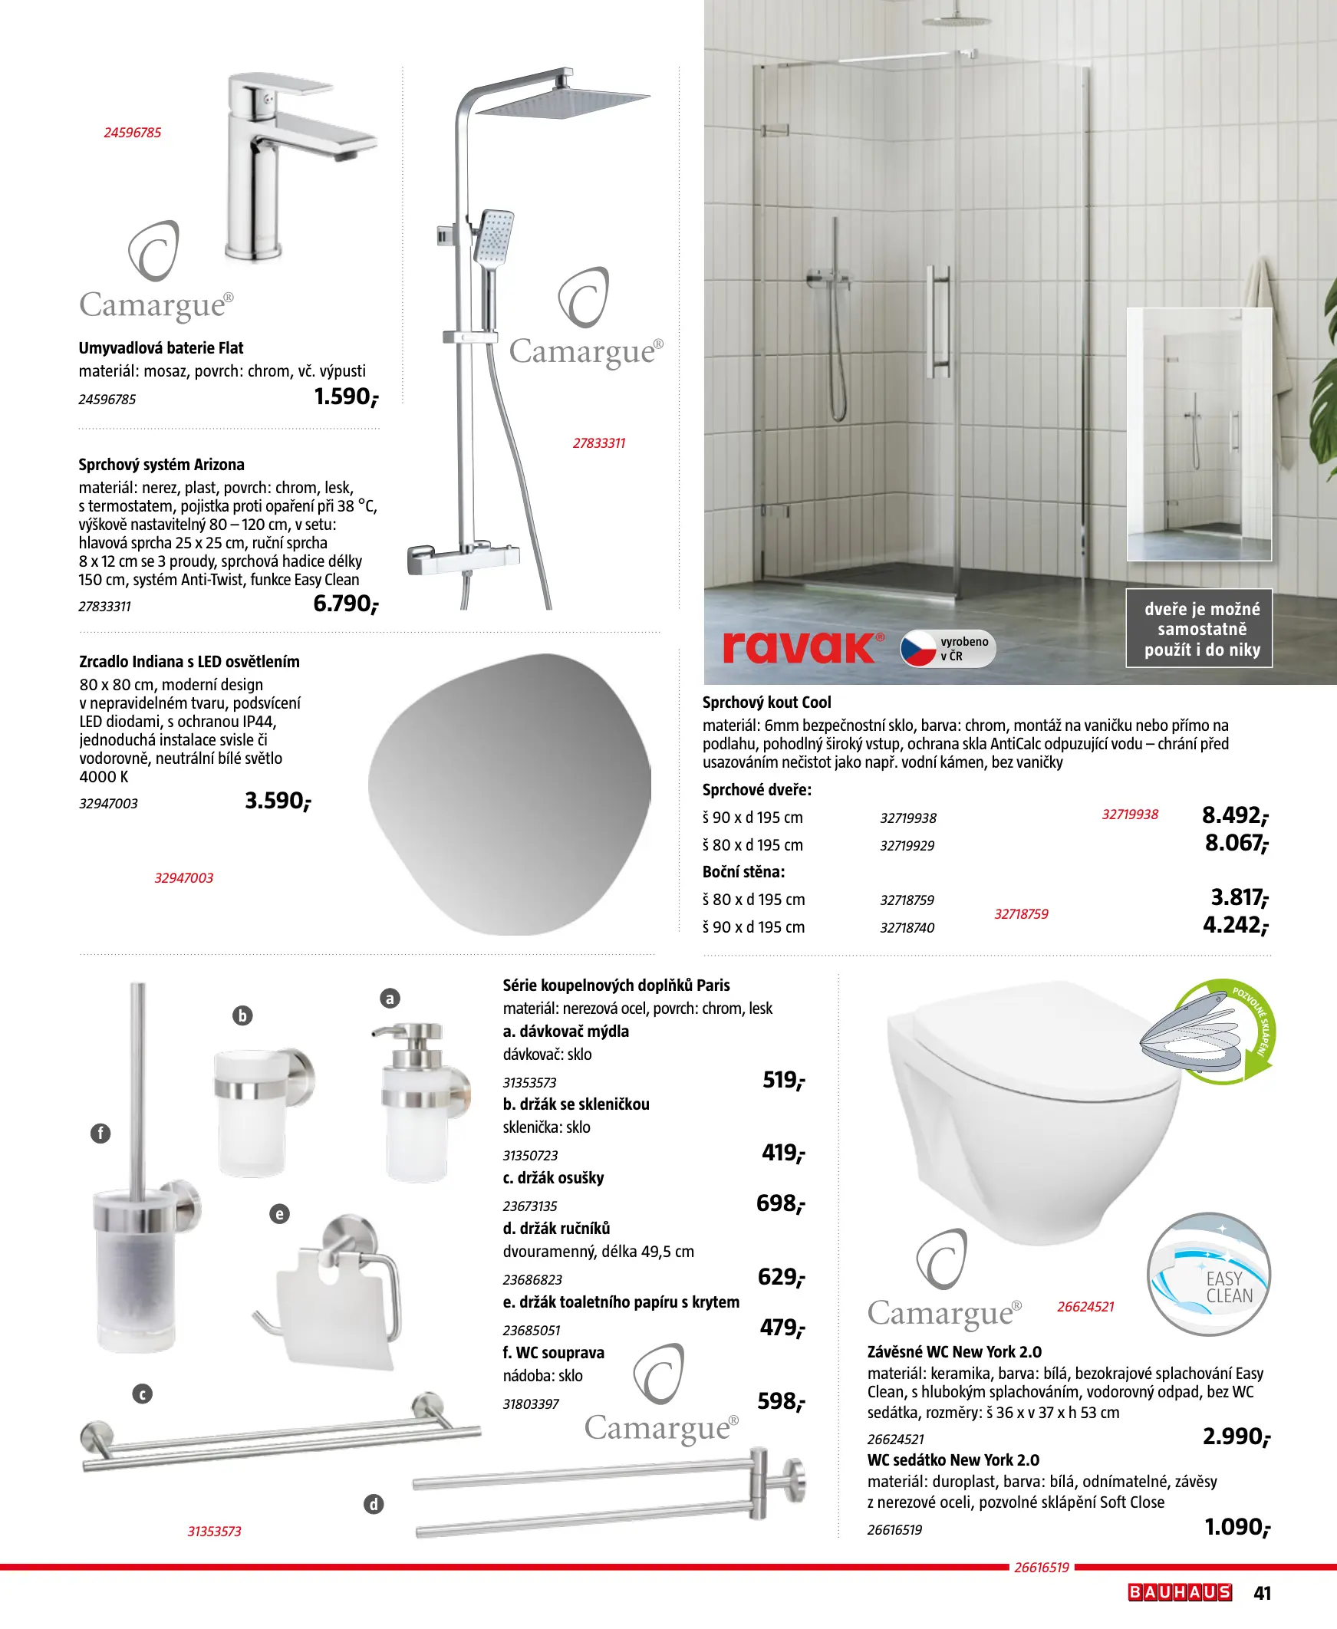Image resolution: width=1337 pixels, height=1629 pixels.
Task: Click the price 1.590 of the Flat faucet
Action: pos(346,397)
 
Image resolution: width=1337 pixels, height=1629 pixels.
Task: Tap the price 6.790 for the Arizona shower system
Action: pos(345,604)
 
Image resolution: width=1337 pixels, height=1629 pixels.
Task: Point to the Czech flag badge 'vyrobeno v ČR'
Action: pos(947,648)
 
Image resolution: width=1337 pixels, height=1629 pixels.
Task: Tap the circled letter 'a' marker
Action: pos(390,999)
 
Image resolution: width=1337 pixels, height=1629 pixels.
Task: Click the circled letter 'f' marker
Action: pos(101,1134)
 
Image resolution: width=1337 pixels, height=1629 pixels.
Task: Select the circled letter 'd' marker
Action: pos(374,1504)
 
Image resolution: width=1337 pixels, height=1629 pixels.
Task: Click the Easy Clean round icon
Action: pos(1207,1275)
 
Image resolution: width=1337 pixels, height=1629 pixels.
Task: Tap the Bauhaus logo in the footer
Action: pos(1180,1593)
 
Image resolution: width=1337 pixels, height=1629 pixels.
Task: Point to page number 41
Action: pos(1263,1593)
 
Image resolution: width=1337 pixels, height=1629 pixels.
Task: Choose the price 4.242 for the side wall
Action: pos(1234,925)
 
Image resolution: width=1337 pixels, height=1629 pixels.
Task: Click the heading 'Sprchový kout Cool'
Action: pos(766,702)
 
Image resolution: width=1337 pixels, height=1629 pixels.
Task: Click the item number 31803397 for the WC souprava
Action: pos(531,1404)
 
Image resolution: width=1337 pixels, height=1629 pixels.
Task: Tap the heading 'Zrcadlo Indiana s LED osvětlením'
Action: pos(189,661)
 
